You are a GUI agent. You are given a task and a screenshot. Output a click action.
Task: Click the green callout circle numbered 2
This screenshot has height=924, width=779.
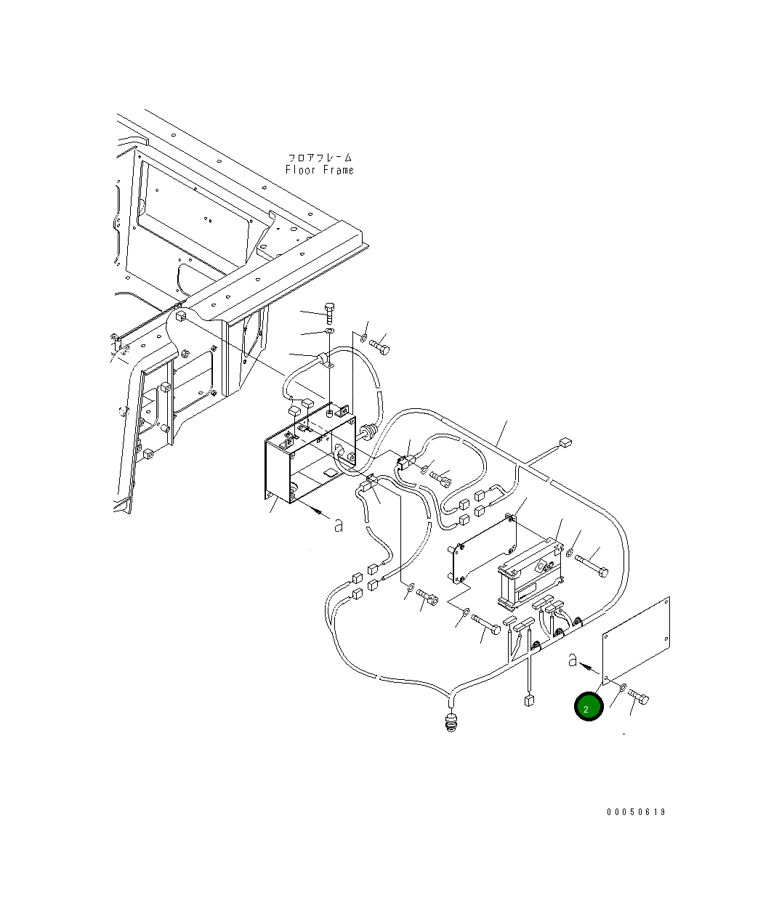tap(589, 707)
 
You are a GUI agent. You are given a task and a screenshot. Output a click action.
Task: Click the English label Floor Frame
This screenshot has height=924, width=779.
tap(319, 170)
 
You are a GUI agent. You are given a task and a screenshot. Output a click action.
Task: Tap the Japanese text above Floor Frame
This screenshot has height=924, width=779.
tap(319, 157)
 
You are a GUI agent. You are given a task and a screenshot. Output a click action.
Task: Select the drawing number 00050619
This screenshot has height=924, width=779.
tap(636, 812)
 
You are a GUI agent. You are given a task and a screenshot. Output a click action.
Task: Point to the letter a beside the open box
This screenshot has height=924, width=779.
tap(338, 524)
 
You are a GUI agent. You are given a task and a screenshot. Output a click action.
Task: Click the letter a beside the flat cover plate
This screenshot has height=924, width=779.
tap(573, 660)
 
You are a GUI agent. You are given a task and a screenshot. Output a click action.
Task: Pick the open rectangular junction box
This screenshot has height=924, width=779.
tap(309, 465)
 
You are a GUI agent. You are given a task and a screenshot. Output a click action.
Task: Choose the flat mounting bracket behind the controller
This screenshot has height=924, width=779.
tap(484, 550)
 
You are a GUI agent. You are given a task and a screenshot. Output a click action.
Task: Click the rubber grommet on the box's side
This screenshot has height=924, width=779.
tap(368, 432)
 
